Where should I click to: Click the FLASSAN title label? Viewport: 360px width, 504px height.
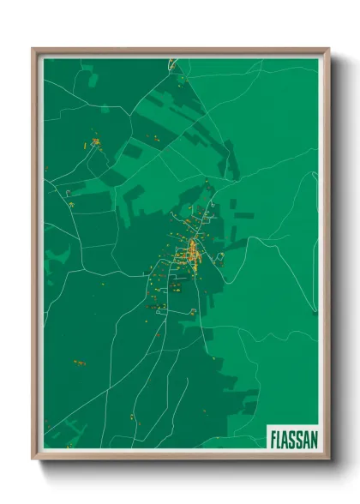point(293,438)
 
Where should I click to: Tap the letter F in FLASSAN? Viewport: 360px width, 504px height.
point(273,438)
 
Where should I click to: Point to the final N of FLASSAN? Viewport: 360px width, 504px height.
point(314,438)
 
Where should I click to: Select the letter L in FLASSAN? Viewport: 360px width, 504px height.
point(279,438)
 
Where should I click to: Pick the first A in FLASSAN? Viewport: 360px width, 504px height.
point(285,438)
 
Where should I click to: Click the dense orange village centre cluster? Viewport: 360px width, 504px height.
point(192,253)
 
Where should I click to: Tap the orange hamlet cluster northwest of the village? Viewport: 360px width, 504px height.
point(94,142)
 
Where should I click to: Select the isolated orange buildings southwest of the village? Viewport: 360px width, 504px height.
point(79,363)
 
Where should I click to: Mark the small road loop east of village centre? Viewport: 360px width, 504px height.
point(219,256)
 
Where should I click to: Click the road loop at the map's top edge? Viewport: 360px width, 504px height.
point(173,62)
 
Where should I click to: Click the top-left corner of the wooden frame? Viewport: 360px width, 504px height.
point(34,50)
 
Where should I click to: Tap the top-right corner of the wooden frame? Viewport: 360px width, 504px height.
point(327,50)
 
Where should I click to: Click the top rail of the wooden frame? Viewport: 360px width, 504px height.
point(180,51)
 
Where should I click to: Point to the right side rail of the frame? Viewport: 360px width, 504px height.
point(327,257)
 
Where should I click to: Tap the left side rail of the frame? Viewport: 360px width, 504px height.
point(35,257)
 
